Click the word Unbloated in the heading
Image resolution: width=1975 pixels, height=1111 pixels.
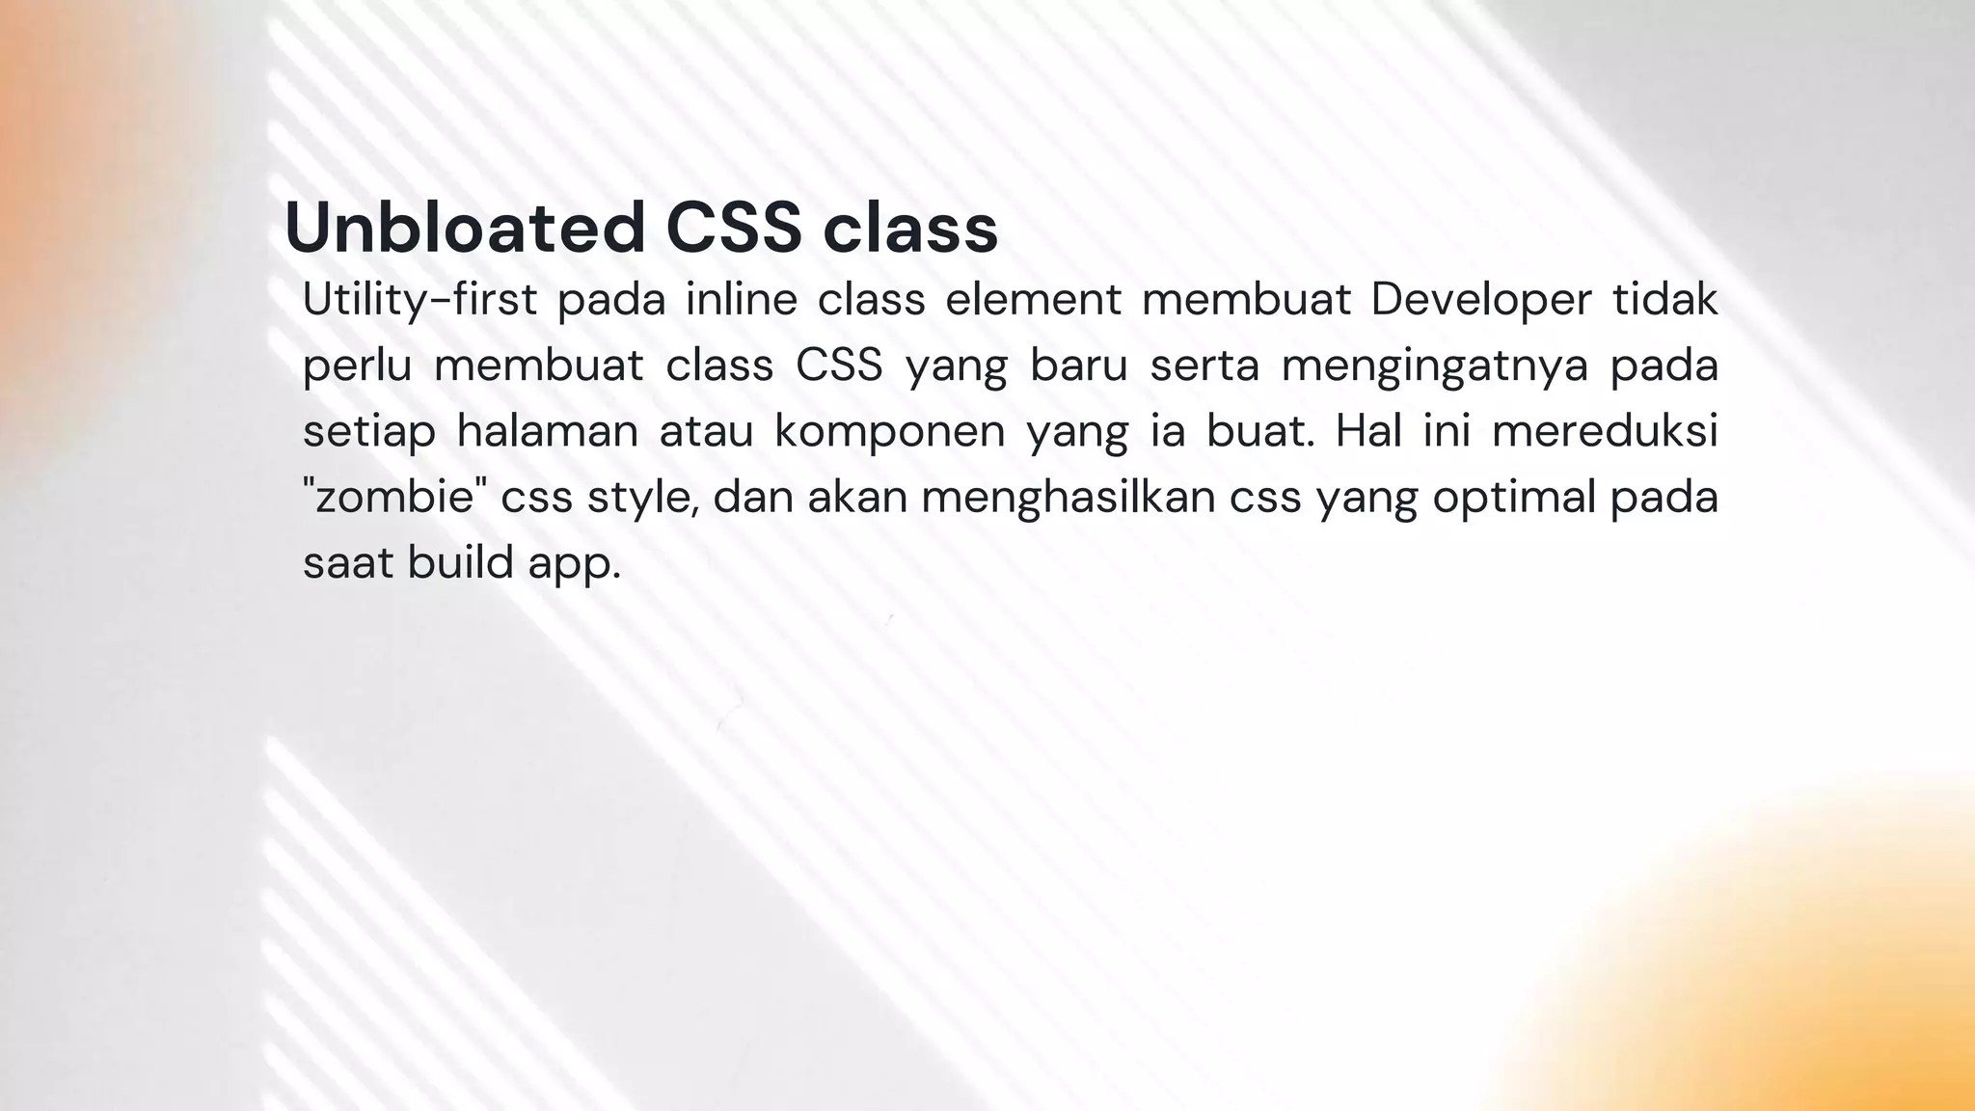pyautogui.click(x=464, y=228)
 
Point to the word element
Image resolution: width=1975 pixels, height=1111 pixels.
pyautogui.click(x=1033, y=300)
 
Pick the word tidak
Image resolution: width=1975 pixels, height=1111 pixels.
pyautogui.click(x=1665, y=300)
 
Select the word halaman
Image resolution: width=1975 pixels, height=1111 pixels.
pyautogui.click(x=547, y=431)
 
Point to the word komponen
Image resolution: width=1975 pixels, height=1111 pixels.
pyautogui.click(x=889, y=431)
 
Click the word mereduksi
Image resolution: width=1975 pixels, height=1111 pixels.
pyautogui.click(x=1605, y=431)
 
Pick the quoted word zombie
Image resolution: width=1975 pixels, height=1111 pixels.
pyautogui.click(x=394, y=497)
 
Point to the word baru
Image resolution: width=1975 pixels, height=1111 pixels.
pyautogui.click(x=1078, y=366)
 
